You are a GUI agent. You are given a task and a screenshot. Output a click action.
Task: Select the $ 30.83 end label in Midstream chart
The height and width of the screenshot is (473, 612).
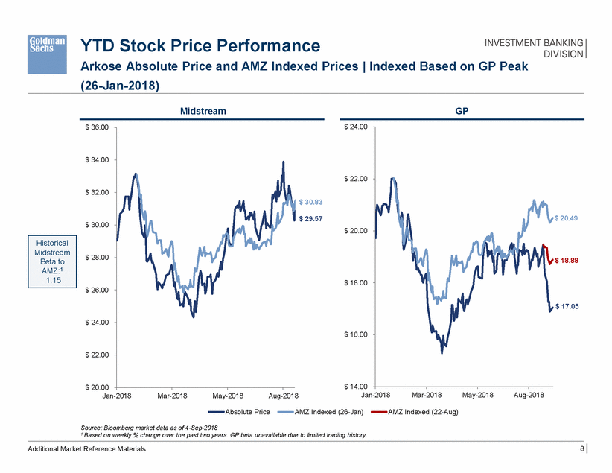[x=310, y=202]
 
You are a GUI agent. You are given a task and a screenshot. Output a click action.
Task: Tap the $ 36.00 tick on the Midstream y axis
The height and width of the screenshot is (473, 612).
[x=95, y=127]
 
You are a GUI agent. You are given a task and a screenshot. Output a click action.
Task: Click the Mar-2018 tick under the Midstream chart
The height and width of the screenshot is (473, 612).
[x=172, y=396]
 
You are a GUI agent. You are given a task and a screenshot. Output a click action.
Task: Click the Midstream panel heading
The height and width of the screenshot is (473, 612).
[x=203, y=111]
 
